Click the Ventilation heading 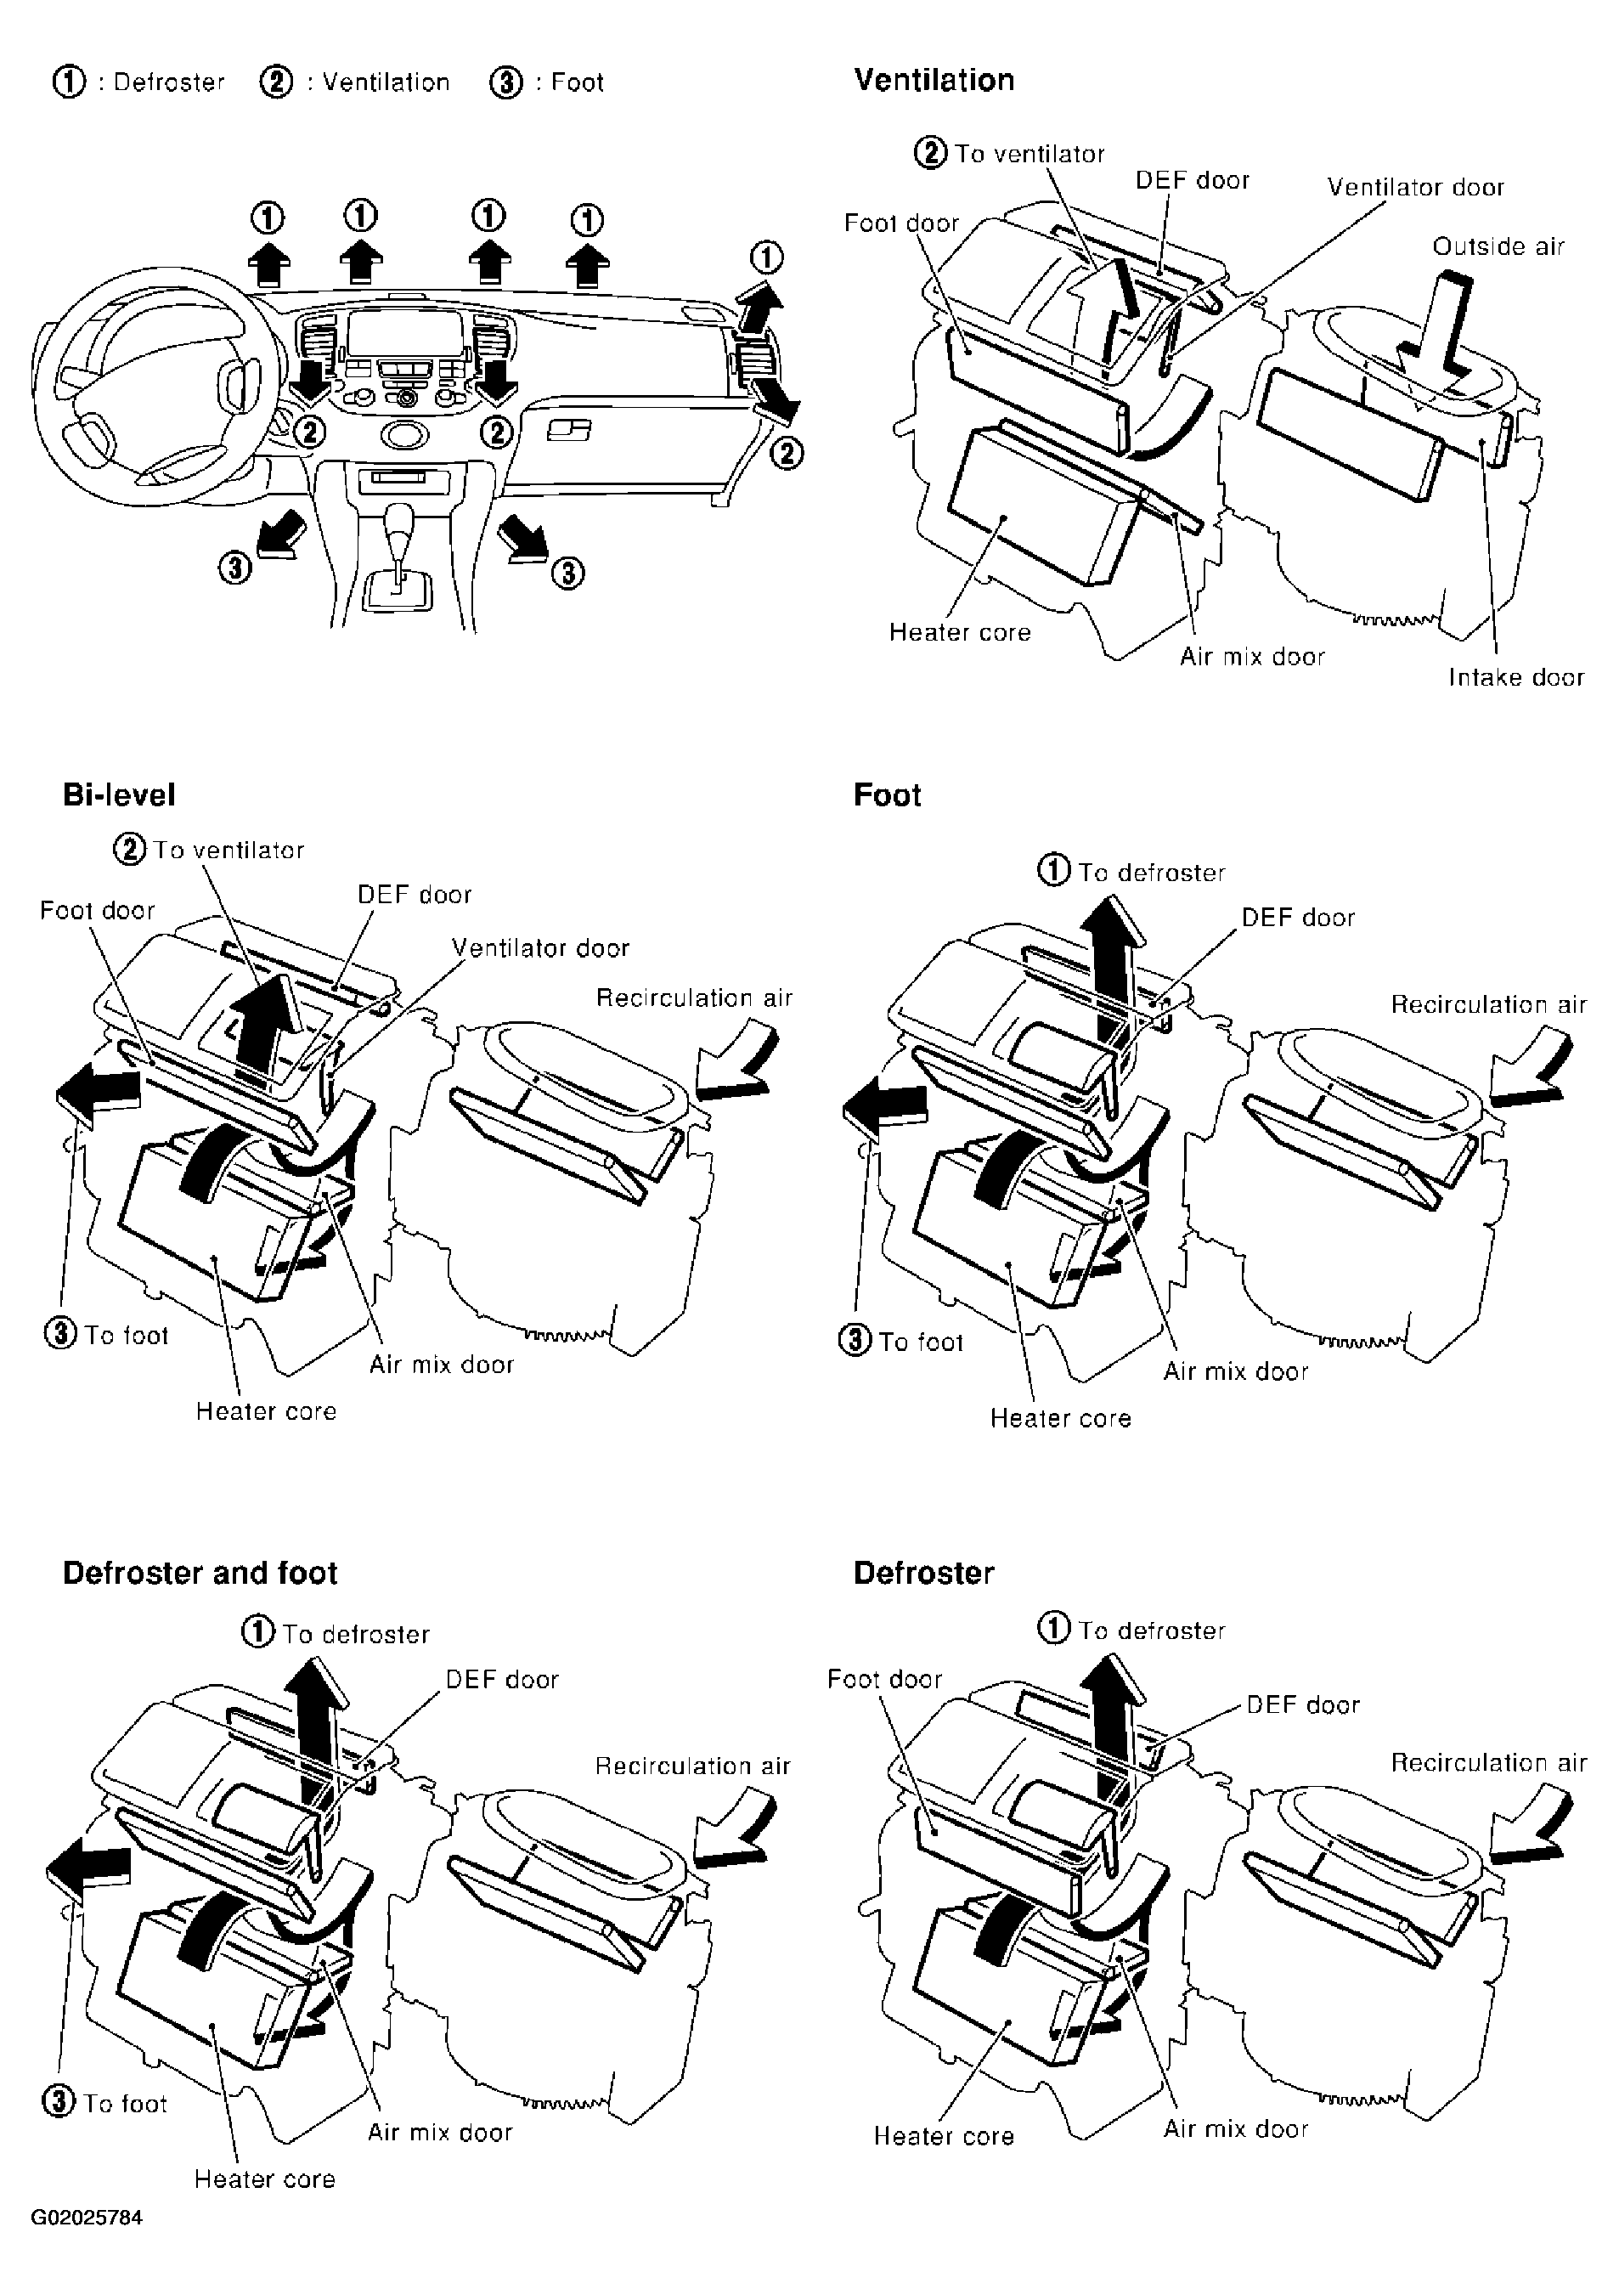coord(934,80)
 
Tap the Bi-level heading coord(119,794)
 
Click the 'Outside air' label coord(1498,246)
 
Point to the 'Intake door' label coord(1515,677)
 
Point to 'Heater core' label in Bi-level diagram coord(266,1410)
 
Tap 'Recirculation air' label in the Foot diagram coord(1488,1004)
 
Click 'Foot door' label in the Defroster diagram coord(884,1679)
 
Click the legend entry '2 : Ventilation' coord(355,82)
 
